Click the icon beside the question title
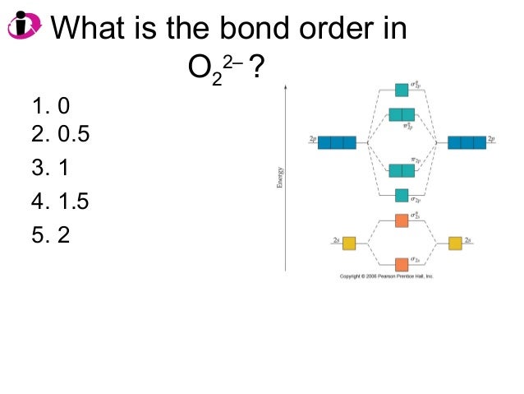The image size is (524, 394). tap(24, 26)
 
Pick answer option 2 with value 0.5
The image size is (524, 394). tap(60, 133)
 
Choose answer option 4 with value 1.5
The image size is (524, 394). tap(60, 201)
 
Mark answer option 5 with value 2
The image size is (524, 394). tap(51, 234)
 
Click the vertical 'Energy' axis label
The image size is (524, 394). tap(280, 177)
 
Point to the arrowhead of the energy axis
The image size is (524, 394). tap(286, 84)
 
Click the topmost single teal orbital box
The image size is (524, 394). tap(402, 90)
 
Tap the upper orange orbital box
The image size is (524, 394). tap(402, 220)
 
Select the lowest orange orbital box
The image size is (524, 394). tap(402, 265)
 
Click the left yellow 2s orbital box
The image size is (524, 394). tap(349, 243)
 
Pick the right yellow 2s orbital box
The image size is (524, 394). tap(455, 243)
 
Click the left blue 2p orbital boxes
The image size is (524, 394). tap(337, 142)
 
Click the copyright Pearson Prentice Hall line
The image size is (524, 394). tap(386, 276)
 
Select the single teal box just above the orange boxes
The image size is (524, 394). tap(402, 195)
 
